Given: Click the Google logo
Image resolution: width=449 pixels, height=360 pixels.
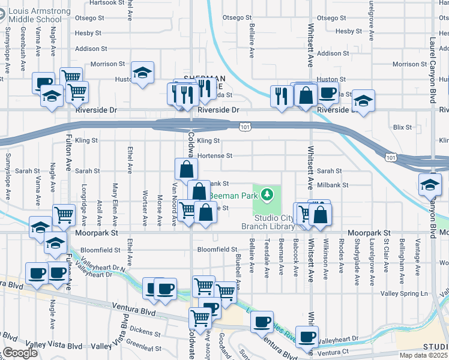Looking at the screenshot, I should pos(20,353).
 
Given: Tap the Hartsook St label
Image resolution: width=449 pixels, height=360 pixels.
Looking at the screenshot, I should pos(107,3).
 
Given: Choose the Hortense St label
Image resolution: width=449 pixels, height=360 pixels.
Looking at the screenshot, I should pos(214,155).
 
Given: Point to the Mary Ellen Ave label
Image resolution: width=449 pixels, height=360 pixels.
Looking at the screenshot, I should pos(115,201).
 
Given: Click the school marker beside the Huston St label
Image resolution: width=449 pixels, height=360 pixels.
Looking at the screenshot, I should pos(142,73).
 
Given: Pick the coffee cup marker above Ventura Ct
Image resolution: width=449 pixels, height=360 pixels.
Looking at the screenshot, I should pos(307,337).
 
